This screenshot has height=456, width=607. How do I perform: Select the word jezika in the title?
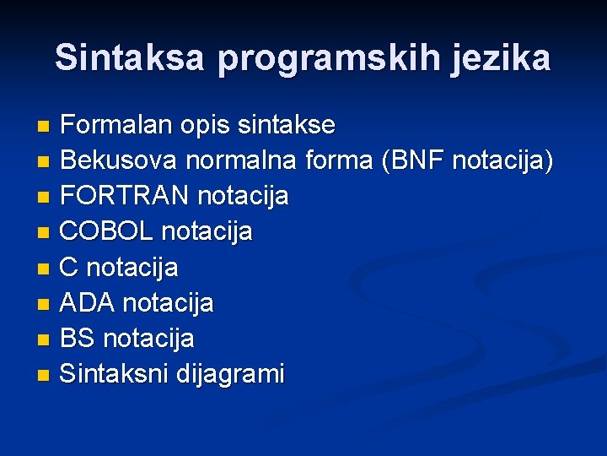pyautogui.click(x=501, y=58)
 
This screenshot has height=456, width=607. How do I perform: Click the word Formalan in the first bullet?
pyautogui.click(x=117, y=126)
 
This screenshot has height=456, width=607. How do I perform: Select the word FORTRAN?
pyautogui.click(x=125, y=196)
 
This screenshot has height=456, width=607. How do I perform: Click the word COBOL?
pyautogui.click(x=107, y=231)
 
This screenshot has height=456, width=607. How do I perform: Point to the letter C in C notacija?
pyautogui.click(x=70, y=268)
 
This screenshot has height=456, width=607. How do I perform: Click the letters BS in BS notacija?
pyautogui.click(x=78, y=339)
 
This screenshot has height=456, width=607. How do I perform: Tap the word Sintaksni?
pyautogui.click(x=115, y=373)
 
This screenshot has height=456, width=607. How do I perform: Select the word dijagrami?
pyautogui.click(x=230, y=373)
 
